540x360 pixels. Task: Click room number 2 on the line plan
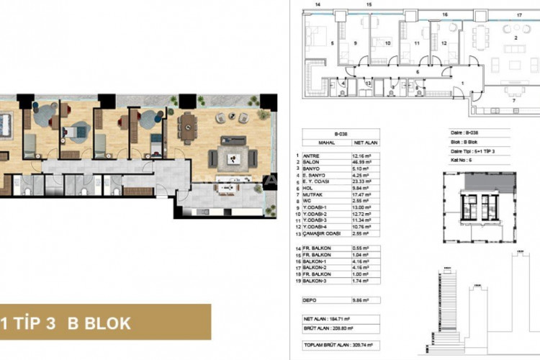[516, 37]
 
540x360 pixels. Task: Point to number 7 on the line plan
[513, 101]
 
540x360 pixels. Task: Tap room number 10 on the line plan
[387, 43]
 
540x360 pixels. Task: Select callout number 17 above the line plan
[518, 14]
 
